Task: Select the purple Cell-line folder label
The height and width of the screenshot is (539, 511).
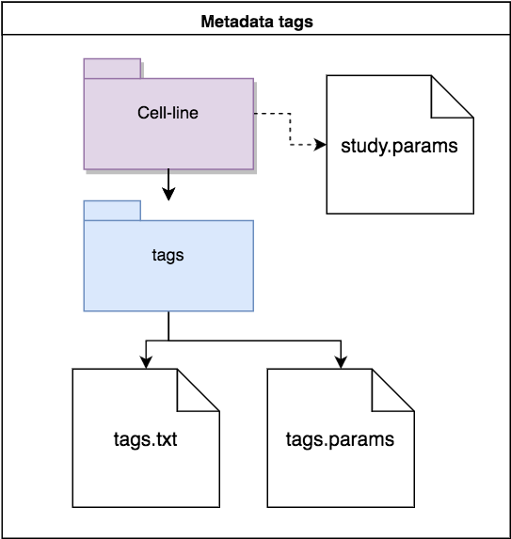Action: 168,113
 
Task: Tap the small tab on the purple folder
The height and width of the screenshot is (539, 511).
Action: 112,69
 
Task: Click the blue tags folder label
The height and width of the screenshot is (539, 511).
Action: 168,254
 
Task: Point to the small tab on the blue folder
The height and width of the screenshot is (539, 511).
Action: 111,210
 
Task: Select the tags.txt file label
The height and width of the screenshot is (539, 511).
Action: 145,438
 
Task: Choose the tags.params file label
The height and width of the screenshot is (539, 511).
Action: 340,438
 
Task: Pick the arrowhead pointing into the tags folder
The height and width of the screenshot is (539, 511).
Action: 168,195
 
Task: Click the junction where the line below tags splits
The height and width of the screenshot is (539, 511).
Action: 168,340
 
